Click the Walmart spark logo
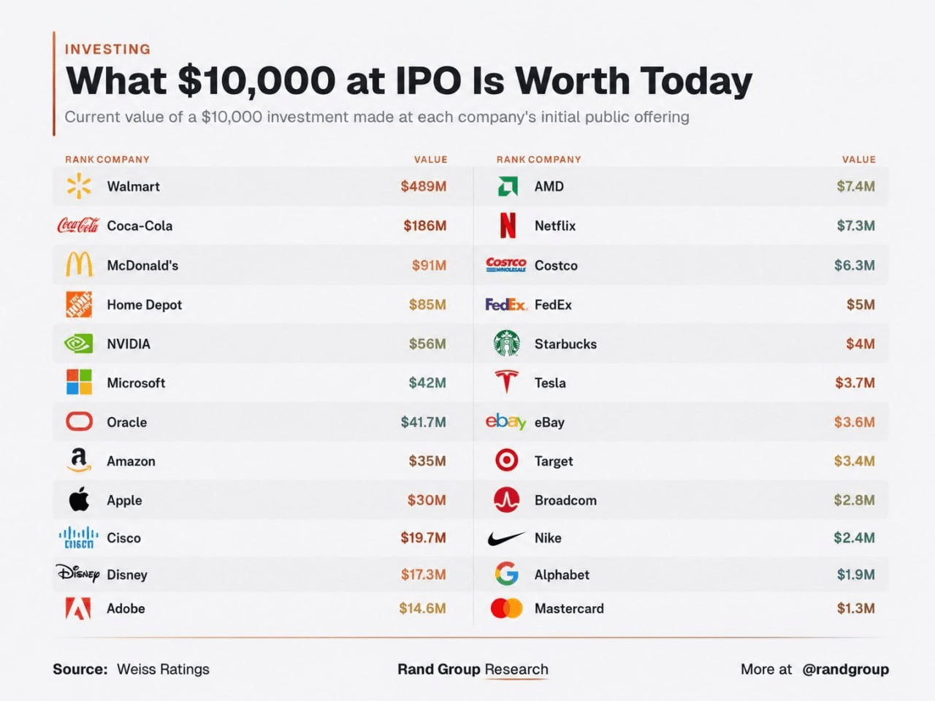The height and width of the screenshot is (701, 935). [79, 186]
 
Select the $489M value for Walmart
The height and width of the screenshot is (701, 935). [424, 186]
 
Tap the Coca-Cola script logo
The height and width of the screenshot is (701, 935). [78, 225]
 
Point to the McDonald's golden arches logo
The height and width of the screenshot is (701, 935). [79, 264]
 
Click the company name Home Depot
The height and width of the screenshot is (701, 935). [145, 304]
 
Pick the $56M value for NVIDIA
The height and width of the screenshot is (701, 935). [427, 344]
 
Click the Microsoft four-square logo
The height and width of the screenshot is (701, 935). [79, 382]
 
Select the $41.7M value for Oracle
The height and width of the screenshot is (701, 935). [423, 422]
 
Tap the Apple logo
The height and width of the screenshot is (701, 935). [79, 499]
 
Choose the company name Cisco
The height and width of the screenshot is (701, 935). [123, 538]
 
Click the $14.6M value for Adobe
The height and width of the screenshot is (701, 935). [422, 609]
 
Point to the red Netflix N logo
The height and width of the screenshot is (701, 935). [508, 225]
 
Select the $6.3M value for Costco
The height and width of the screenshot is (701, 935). [854, 266]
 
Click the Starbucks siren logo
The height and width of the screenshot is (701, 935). [506, 343]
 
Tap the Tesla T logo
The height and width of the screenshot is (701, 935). [506, 381]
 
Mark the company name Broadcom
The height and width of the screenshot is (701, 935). [565, 500]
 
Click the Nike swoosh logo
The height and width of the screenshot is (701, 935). [506, 539]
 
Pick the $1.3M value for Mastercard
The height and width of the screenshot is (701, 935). [856, 609]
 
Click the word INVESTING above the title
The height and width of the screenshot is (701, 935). [108, 50]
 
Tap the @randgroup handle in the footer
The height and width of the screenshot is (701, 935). [846, 670]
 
